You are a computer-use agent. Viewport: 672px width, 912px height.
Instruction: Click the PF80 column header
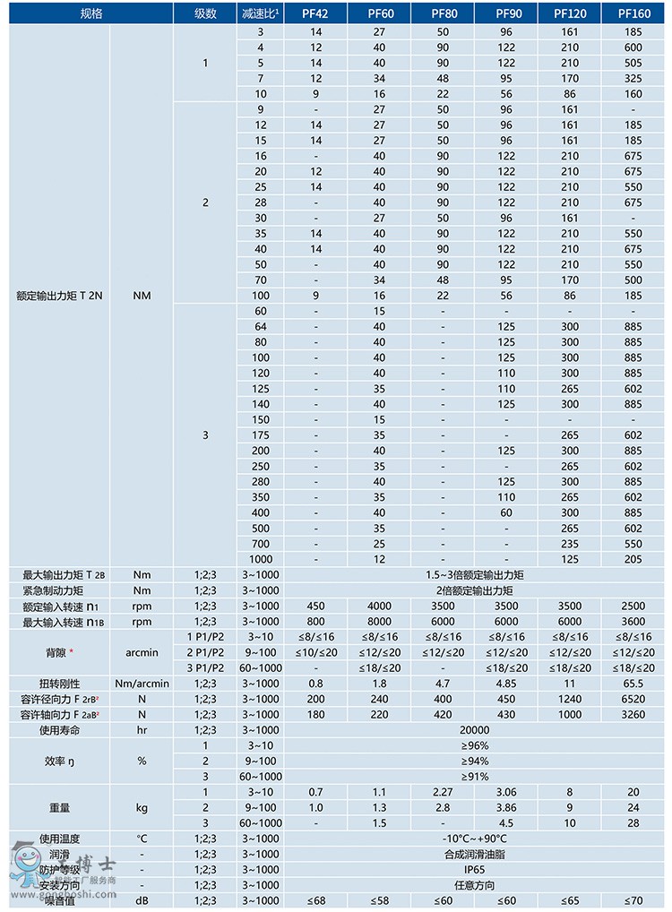444,13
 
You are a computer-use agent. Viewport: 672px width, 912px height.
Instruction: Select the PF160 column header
633,13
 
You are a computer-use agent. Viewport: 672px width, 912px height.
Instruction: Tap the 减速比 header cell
260,13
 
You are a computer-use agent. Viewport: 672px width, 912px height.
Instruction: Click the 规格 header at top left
92,13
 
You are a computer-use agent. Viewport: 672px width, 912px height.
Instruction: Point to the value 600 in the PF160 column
633,47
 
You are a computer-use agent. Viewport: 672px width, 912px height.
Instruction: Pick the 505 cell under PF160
633,63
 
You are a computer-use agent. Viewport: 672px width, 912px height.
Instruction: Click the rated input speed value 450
316,606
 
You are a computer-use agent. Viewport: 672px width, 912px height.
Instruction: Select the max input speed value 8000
380,622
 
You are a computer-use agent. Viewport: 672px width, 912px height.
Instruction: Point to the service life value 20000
475,730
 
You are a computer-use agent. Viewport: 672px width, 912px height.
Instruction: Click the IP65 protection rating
475,869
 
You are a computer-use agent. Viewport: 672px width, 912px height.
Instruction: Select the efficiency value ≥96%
475,745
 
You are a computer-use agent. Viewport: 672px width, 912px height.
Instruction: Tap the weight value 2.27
444,792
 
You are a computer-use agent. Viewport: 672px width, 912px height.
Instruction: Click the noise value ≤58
380,899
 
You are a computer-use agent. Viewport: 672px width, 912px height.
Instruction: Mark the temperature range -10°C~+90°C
475,839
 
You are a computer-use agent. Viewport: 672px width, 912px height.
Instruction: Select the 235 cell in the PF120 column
570,543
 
